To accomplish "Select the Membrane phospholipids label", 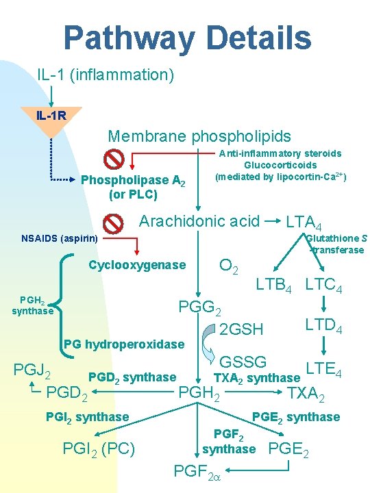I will (199, 137).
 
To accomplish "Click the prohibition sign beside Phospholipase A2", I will (114, 160).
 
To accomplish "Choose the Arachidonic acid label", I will (199, 220).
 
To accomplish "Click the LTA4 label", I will (305, 222).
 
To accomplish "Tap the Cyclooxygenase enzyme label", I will (138, 265).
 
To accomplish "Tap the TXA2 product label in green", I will (306, 394).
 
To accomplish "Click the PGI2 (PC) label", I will (99, 450).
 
